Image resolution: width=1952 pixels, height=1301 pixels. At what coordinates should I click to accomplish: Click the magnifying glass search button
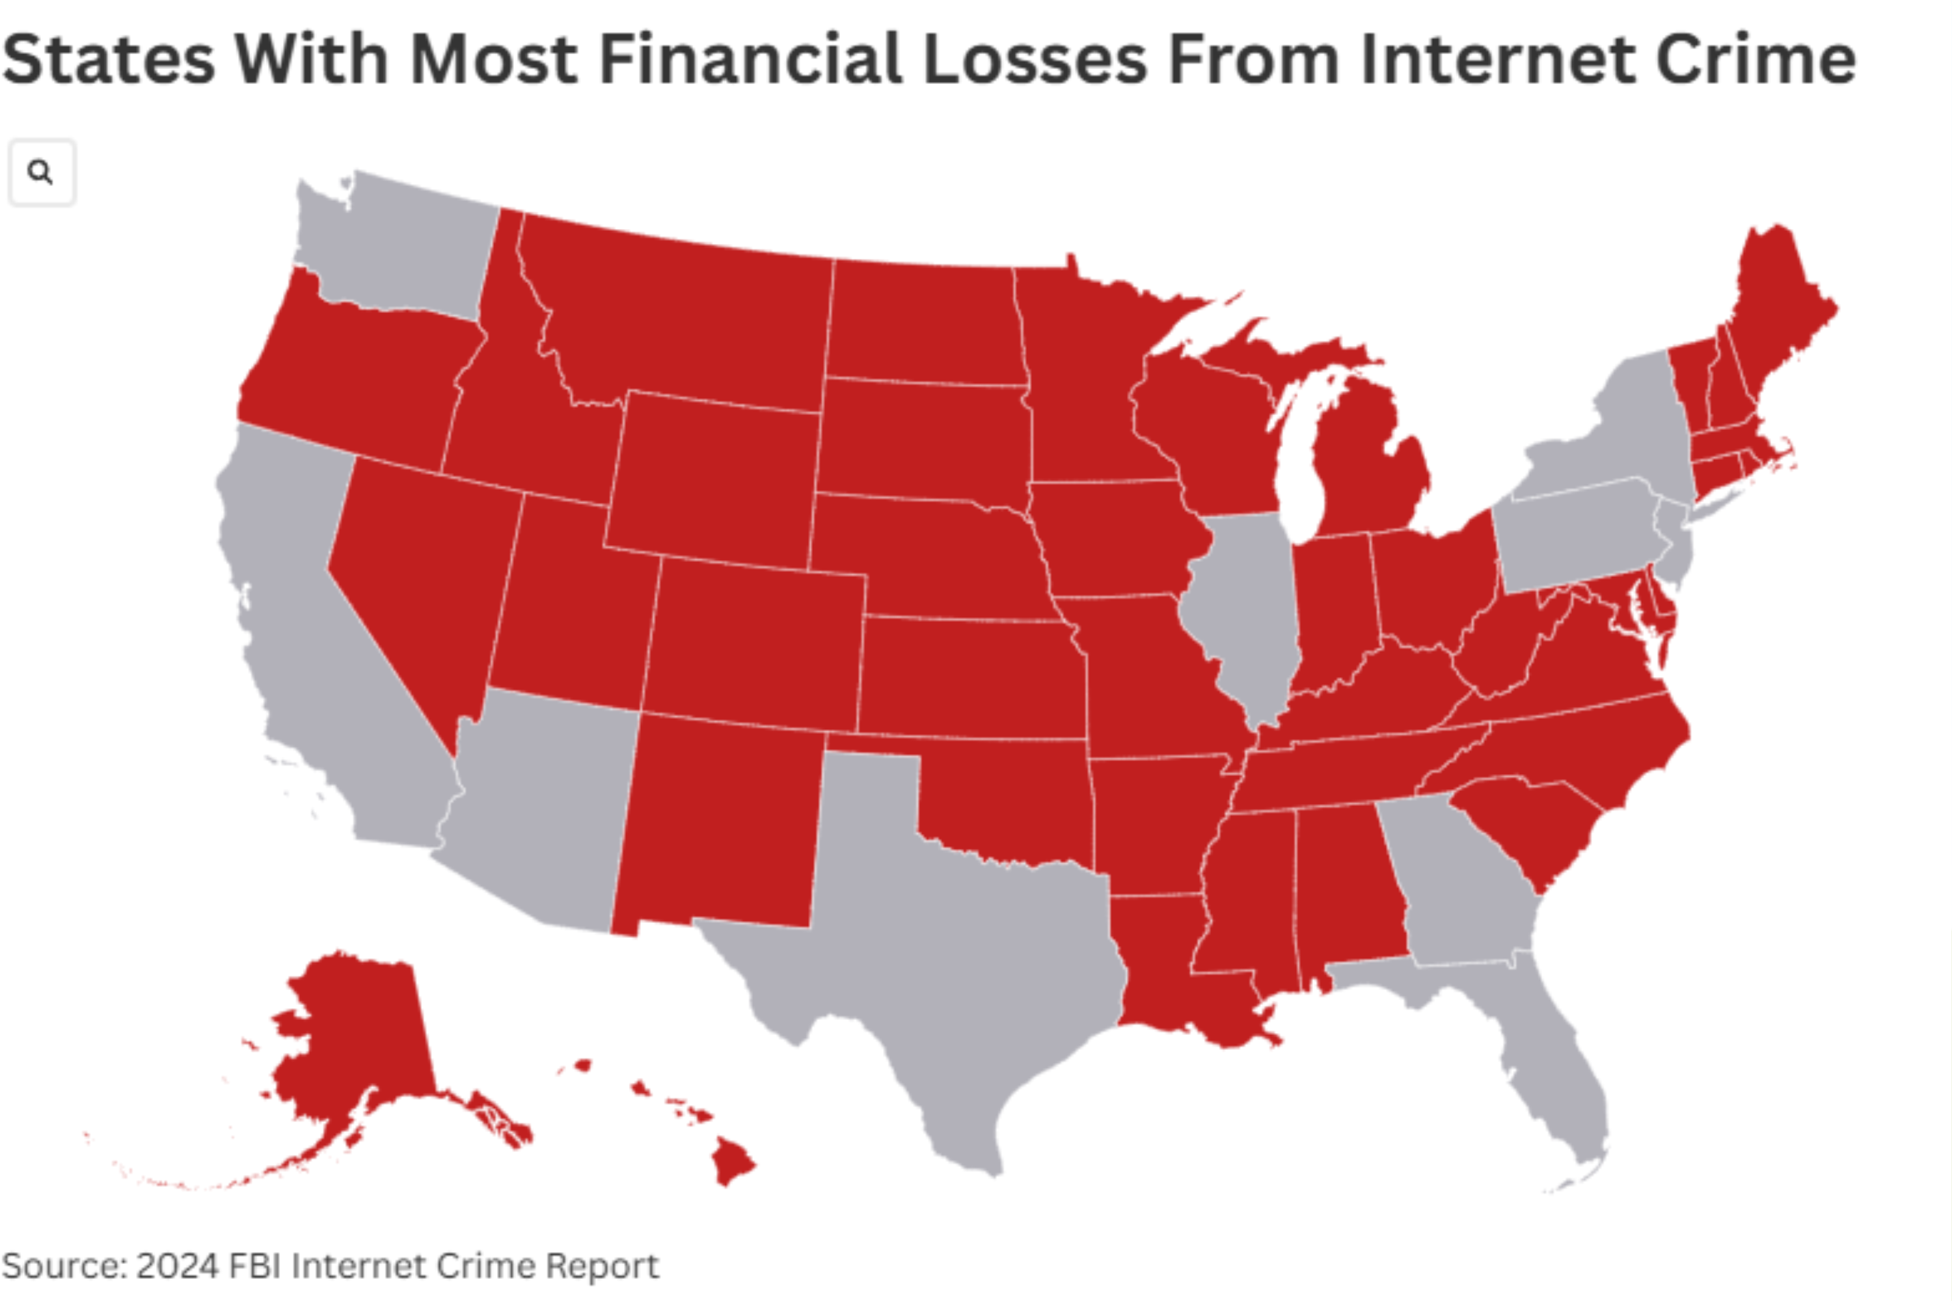(40, 172)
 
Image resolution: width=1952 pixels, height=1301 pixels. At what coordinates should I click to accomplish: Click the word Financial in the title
(750, 60)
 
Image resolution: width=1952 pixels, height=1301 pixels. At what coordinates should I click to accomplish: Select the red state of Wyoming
(714, 481)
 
